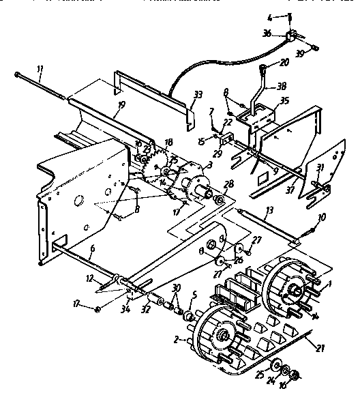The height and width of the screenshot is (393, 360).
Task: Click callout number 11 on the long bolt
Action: pos(39,70)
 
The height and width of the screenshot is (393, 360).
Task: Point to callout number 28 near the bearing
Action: pos(228,184)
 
